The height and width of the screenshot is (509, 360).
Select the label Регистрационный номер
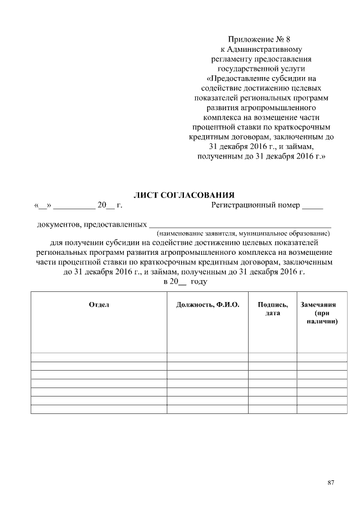point(255,205)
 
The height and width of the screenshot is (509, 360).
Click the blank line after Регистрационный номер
point(313,206)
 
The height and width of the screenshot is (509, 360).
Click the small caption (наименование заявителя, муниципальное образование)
point(243,233)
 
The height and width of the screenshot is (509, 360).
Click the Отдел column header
point(99,304)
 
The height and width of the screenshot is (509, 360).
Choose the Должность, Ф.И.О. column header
point(208,304)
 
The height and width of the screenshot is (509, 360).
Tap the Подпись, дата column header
point(273,308)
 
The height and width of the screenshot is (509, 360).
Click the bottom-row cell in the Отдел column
point(99,409)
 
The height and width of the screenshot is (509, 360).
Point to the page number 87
point(330,483)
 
